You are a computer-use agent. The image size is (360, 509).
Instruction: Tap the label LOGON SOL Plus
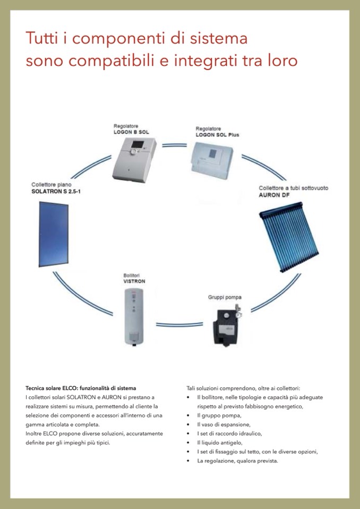click(217, 135)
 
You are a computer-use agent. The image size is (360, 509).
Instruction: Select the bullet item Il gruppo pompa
click(219, 415)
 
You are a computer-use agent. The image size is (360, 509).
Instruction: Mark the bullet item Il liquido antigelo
click(219, 442)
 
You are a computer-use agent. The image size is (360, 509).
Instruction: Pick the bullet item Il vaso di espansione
click(224, 424)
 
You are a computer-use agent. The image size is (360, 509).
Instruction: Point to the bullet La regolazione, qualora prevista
click(237, 461)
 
